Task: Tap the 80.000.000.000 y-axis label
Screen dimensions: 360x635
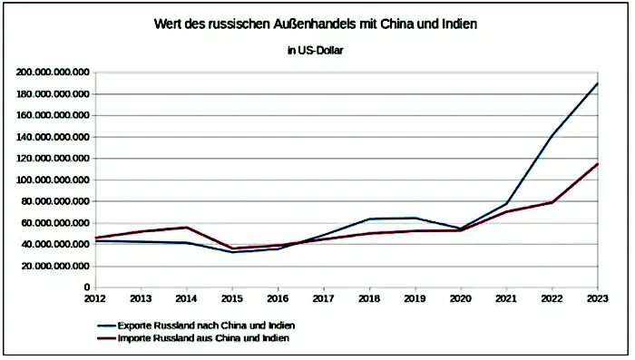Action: click(54, 201)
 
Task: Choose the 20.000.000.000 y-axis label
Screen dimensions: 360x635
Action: click(54, 266)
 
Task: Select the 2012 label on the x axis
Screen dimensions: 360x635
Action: click(94, 297)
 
